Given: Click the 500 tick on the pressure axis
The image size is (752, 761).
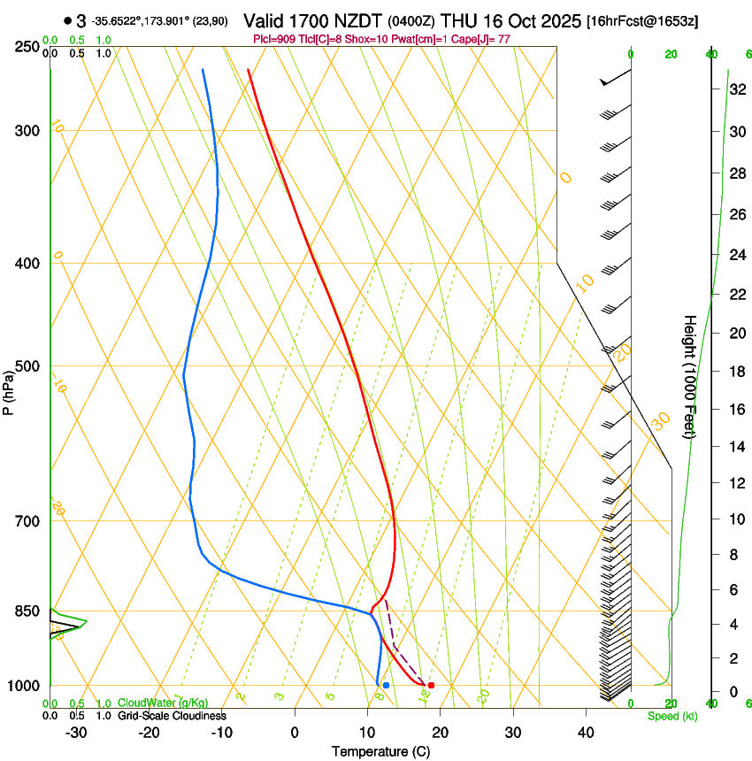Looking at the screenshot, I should pos(27,366).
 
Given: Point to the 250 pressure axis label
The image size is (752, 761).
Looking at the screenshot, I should pos(27,46).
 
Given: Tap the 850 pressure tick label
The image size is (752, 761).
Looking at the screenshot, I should pos(27,611).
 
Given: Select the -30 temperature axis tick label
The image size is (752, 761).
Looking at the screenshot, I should pos(76,733).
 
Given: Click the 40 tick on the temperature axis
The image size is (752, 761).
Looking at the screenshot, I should pos(586,733).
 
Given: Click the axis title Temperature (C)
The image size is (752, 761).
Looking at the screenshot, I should pos(380,752).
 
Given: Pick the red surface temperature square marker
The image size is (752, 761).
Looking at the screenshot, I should pos(431,685).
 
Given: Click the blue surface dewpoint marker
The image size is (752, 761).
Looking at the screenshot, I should pos(386,685).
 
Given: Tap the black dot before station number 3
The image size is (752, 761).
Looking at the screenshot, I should pos(67,21).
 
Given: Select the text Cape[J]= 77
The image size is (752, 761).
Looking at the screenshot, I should pos(484,38).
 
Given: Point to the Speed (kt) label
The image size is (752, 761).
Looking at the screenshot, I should pos(672,716).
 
